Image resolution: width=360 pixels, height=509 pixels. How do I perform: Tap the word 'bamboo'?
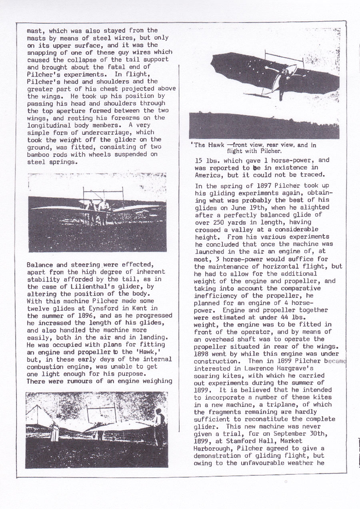[x=38, y=155]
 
